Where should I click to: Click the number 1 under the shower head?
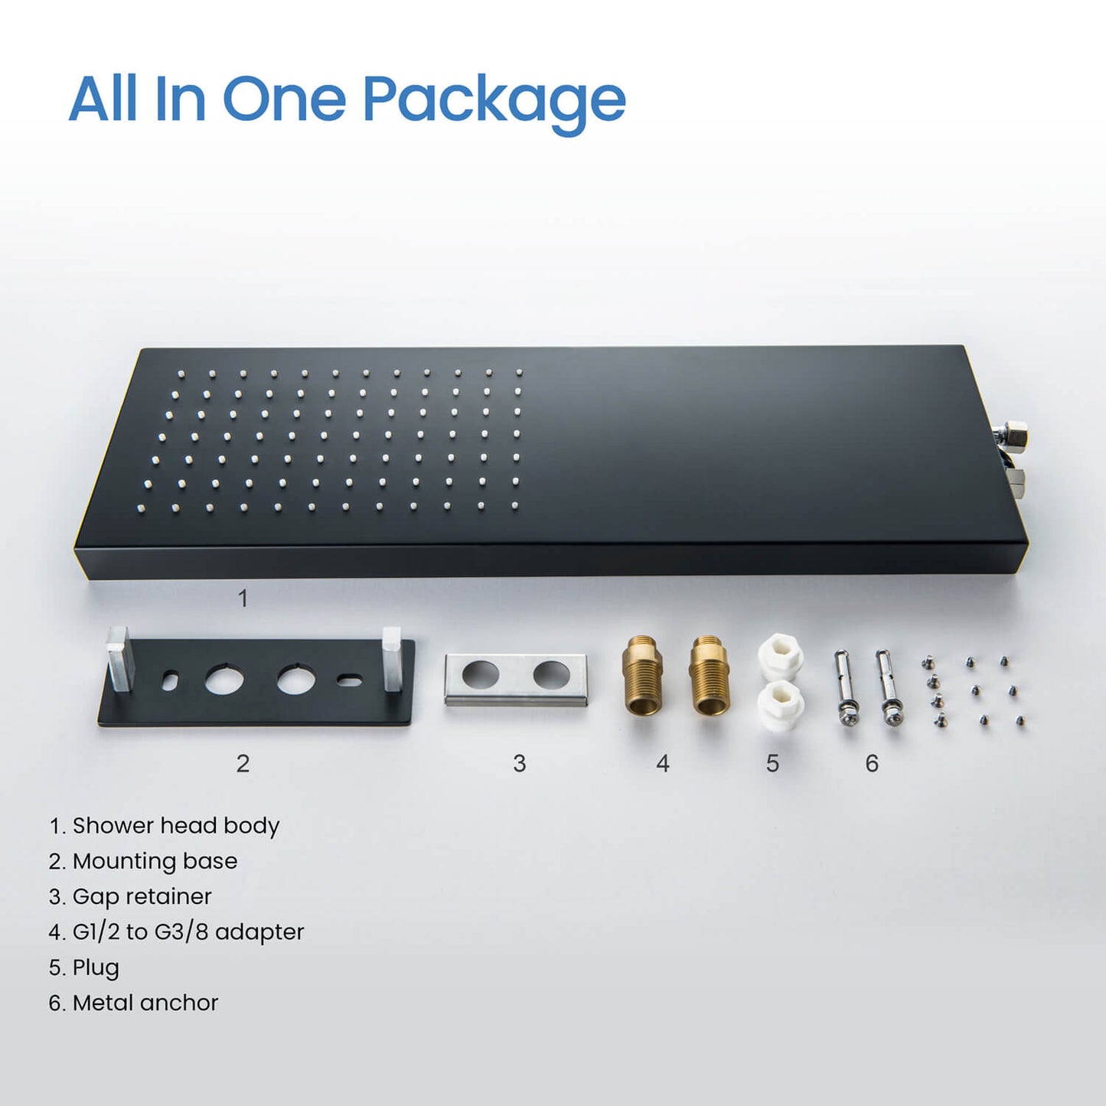(x=243, y=599)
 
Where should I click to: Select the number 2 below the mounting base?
(x=243, y=763)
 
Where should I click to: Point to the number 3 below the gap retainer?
(x=520, y=763)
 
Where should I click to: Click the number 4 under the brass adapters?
(x=663, y=763)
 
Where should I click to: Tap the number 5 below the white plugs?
(x=772, y=763)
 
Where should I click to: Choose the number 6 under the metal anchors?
(x=872, y=763)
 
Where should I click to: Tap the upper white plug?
(x=780, y=657)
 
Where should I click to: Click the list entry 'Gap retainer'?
(x=130, y=896)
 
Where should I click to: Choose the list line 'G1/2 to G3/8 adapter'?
(x=176, y=931)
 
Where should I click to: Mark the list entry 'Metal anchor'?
(x=133, y=1003)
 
